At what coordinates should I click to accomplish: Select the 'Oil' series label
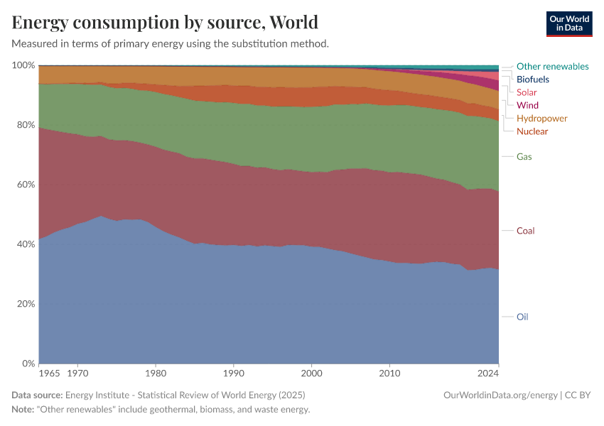522,317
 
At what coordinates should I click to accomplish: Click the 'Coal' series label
525,231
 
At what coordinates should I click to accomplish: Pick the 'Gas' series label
524,156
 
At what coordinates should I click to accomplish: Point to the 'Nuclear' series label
532,131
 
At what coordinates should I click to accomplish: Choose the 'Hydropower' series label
541,118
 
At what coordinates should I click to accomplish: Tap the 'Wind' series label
527,105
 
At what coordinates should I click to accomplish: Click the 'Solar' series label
527,92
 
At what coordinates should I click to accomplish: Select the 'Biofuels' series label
532,80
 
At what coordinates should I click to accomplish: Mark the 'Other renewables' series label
552,66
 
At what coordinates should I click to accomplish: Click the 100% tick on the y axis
23,65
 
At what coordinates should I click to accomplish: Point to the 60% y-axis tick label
26,185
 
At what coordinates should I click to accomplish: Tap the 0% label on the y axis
28,364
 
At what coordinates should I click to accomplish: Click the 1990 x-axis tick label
234,372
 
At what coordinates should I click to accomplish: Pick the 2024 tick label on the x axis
488,372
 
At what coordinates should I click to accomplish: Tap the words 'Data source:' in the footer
37,395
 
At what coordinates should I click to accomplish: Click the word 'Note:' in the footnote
25,410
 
